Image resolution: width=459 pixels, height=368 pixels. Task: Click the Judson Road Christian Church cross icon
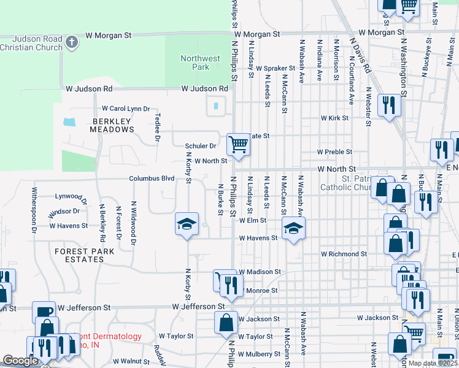click(x=72, y=42)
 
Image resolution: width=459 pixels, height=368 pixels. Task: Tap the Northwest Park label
click(x=200, y=63)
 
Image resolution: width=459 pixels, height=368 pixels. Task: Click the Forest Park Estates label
click(x=87, y=255)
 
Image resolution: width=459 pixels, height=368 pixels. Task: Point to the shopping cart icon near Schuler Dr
click(x=237, y=145)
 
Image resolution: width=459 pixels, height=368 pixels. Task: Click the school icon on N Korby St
click(x=187, y=224)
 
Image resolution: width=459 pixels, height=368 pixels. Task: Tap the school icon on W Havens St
click(x=293, y=229)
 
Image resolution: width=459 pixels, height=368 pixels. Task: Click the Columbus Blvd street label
click(x=152, y=178)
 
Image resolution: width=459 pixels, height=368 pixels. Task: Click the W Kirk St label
click(x=334, y=118)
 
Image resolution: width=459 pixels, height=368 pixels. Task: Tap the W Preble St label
click(x=334, y=151)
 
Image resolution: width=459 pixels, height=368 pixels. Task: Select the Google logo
click(x=20, y=361)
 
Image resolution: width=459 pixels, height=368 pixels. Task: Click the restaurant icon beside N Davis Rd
click(x=389, y=105)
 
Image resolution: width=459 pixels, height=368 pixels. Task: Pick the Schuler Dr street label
click(x=201, y=146)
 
